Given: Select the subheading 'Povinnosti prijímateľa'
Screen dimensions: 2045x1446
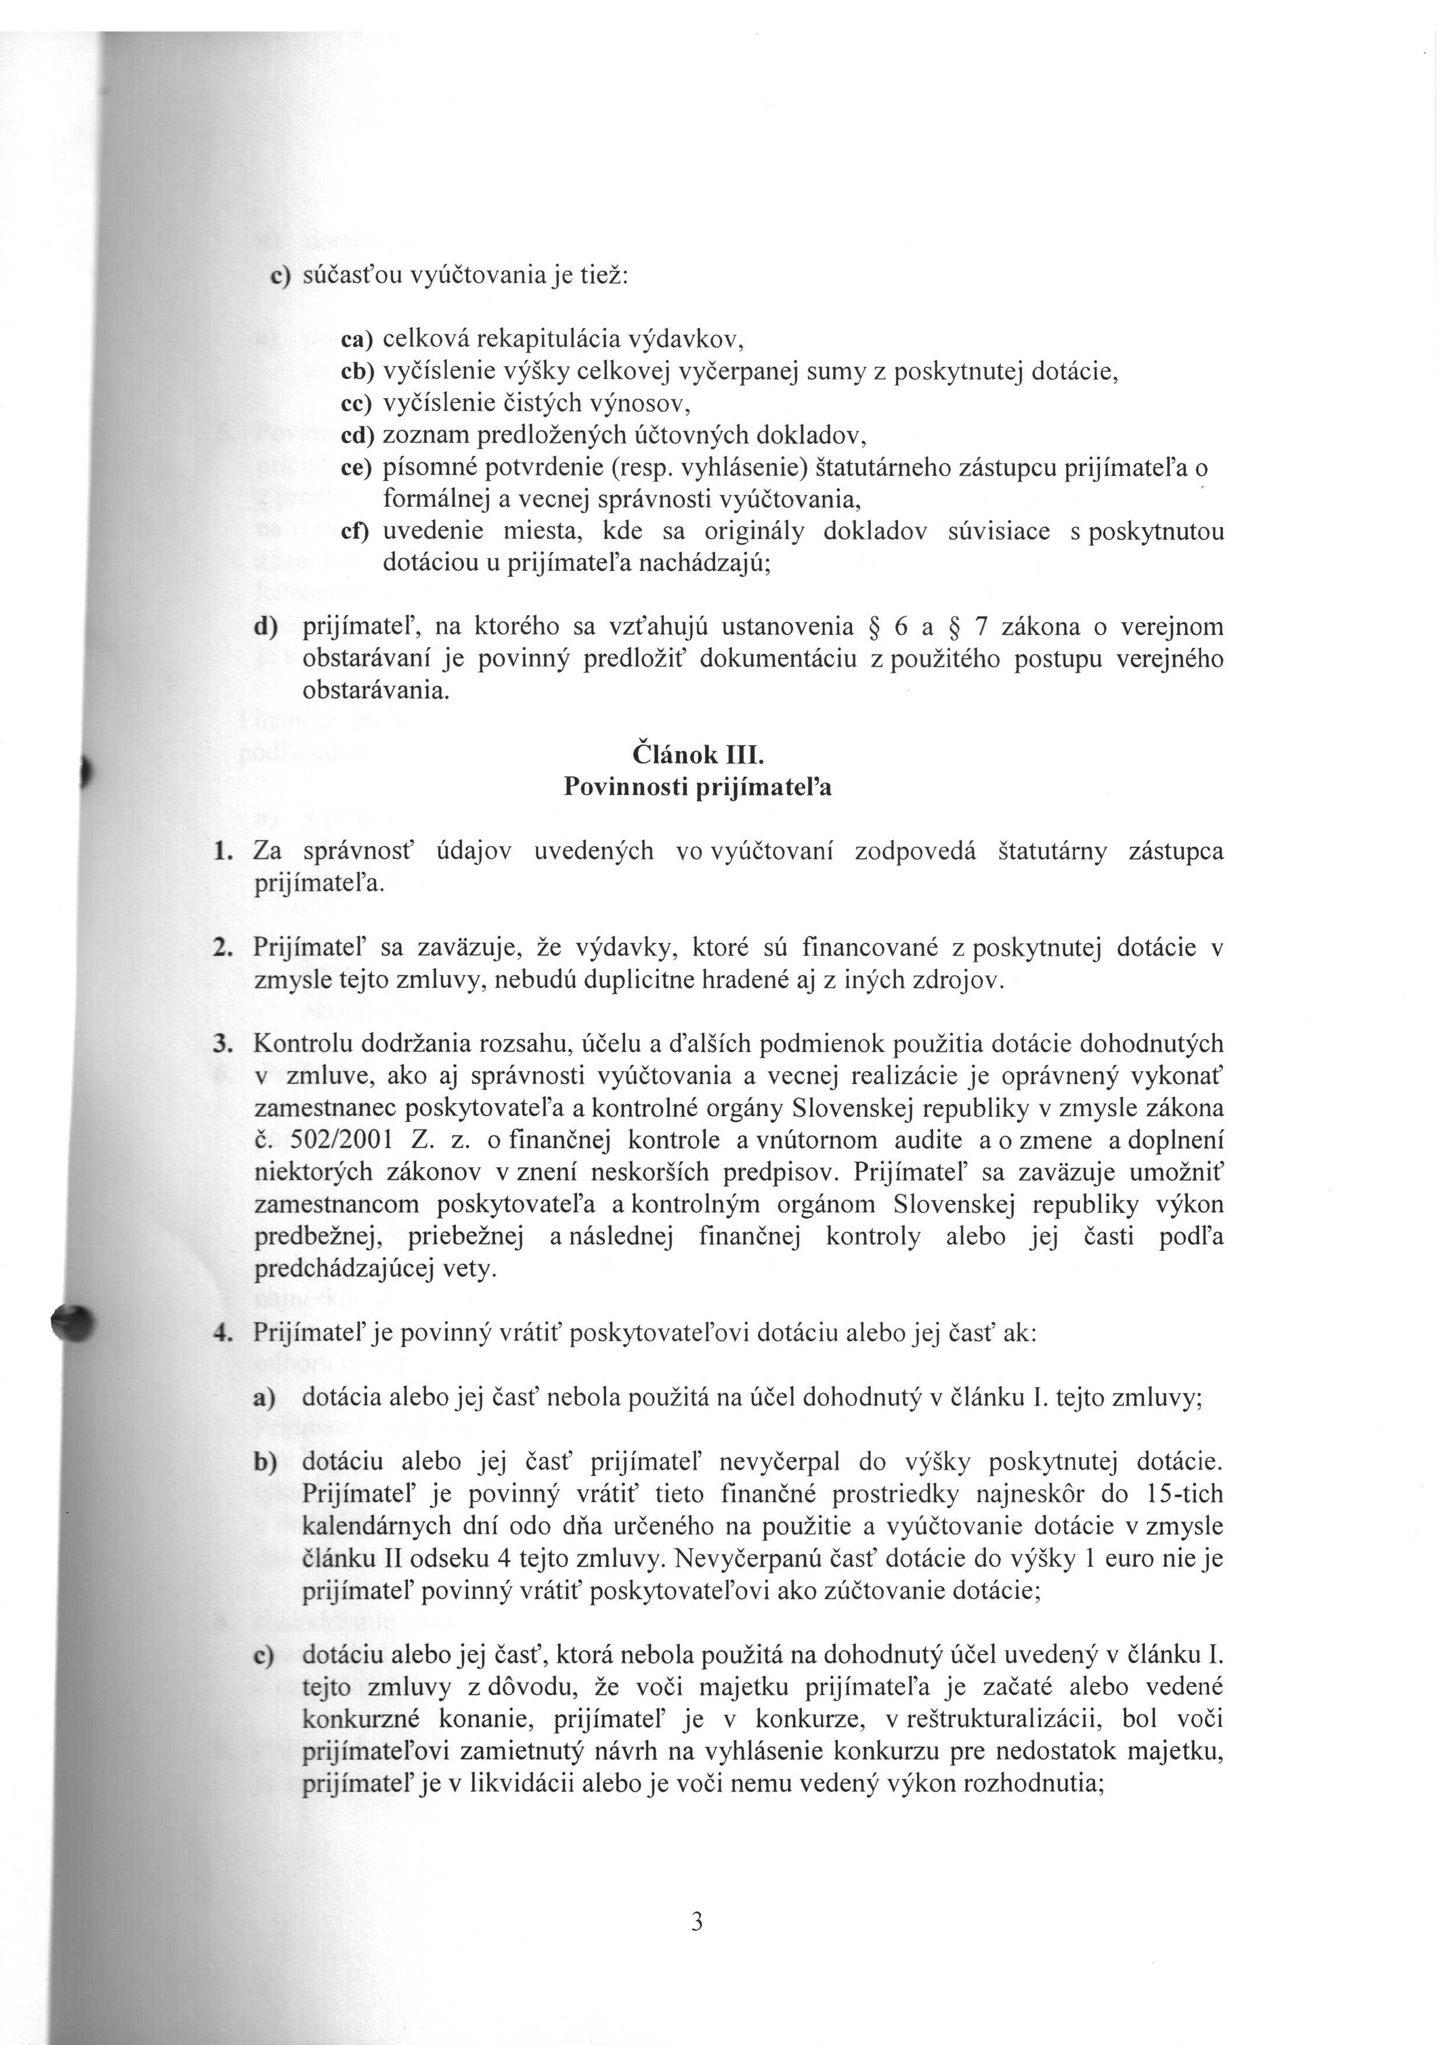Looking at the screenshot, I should (698, 788).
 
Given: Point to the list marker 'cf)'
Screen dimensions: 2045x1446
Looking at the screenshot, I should (358, 532).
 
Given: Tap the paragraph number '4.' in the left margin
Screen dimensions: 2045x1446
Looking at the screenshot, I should (223, 1334).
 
